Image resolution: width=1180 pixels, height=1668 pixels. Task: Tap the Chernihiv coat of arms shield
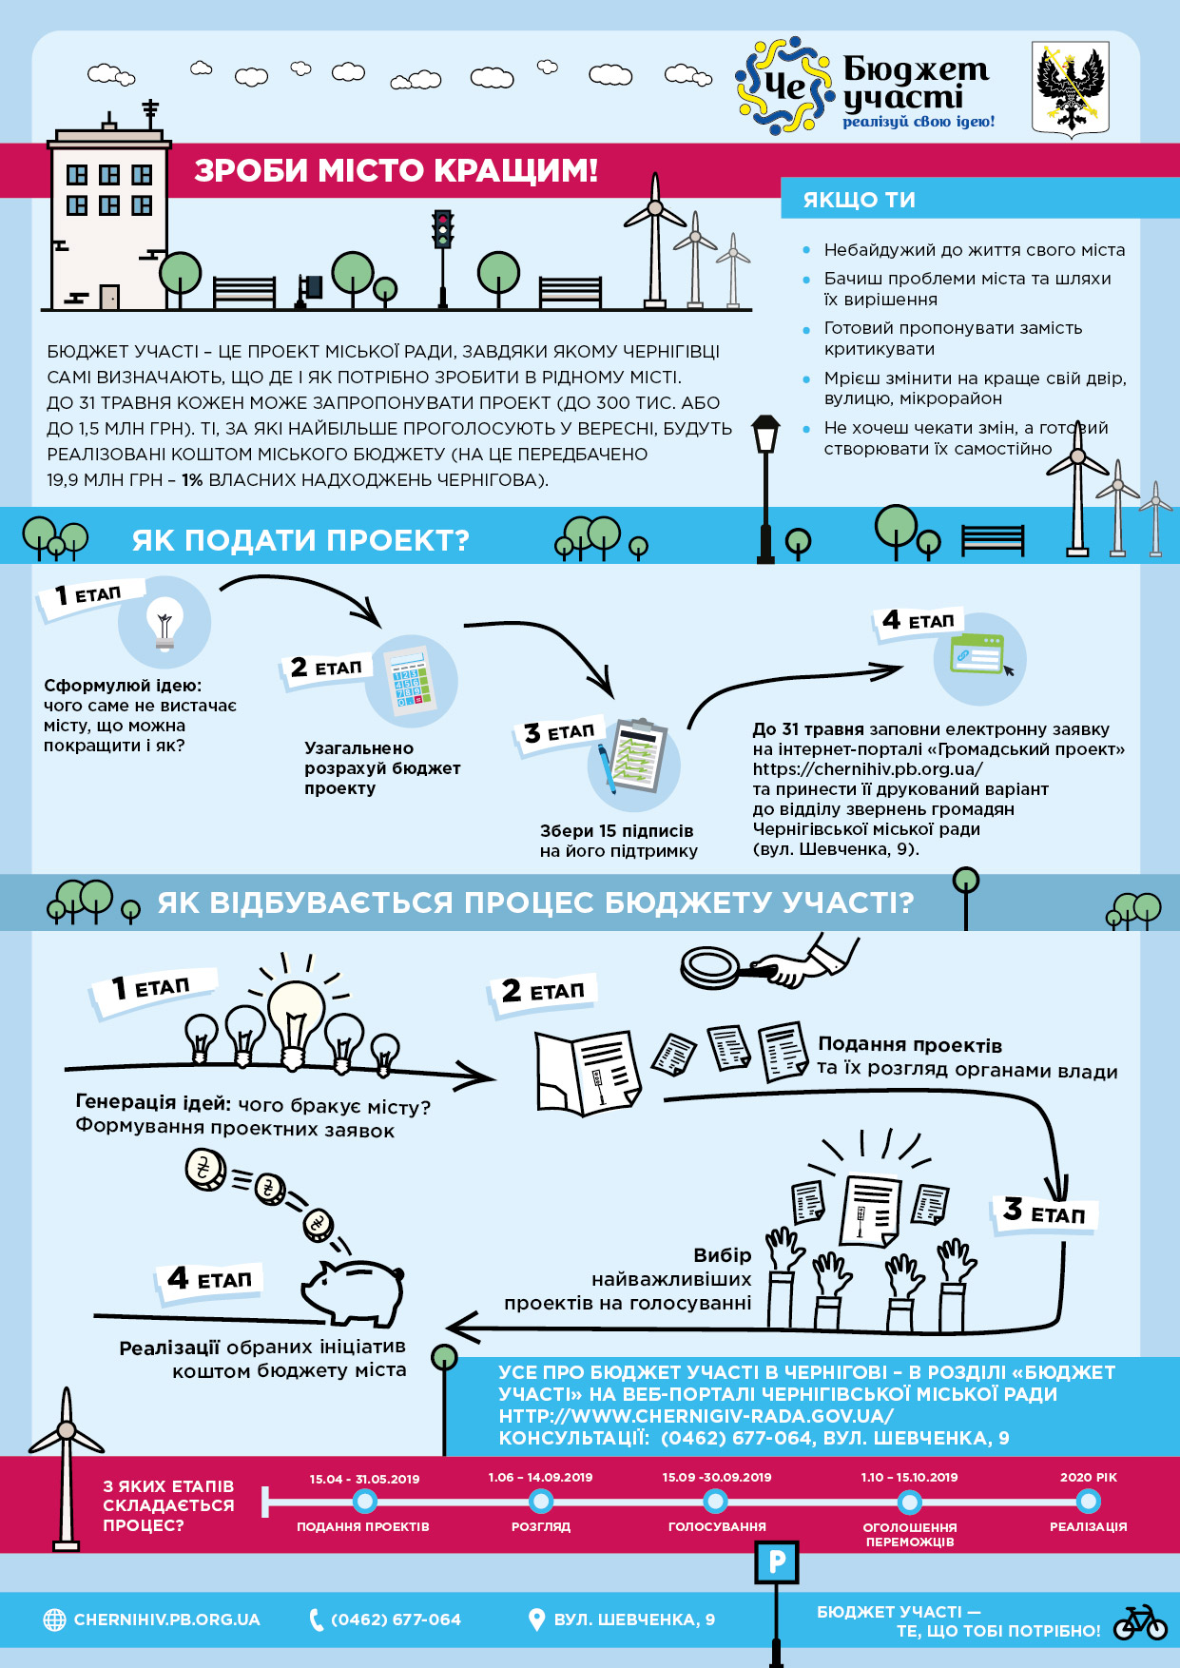click(1071, 88)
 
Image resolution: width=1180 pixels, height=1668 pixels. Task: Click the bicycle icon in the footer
click(1140, 1622)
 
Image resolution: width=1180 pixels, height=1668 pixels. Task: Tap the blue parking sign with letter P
click(776, 1562)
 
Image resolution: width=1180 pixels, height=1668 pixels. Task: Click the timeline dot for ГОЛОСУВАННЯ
click(716, 1502)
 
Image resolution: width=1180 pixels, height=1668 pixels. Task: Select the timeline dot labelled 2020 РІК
click(1088, 1502)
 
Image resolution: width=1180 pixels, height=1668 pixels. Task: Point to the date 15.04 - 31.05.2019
click(364, 1479)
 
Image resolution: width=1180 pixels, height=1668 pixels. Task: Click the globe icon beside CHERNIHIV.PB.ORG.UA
click(55, 1620)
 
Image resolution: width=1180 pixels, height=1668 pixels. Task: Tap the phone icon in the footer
click(317, 1620)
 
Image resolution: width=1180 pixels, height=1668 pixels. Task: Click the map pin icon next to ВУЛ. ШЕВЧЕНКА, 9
click(536, 1620)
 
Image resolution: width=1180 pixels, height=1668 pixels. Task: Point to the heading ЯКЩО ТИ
click(860, 200)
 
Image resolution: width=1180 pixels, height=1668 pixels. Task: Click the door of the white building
click(109, 297)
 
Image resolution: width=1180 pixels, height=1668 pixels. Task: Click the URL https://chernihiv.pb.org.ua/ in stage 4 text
click(868, 768)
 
